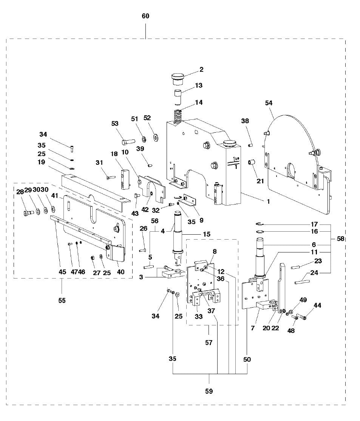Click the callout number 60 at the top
pyautogui.click(x=145, y=16)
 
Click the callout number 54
pyautogui.click(x=269, y=103)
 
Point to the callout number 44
pyautogui.click(x=317, y=305)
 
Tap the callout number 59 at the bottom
pyautogui.click(x=209, y=391)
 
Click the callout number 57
pyautogui.click(x=209, y=342)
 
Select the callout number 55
pyautogui.click(x=62, y=300)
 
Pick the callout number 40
pyautogui.click(x=121, y=272)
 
